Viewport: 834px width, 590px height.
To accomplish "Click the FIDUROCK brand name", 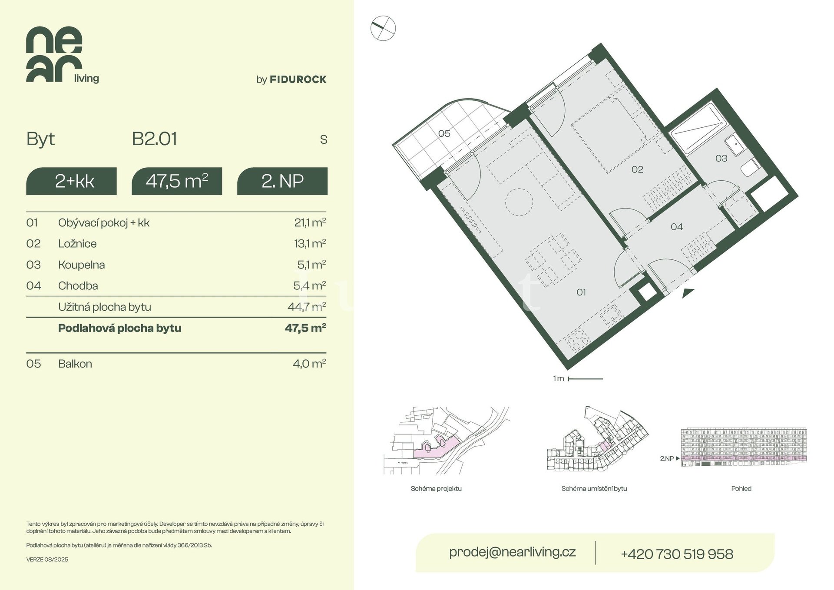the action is pos(298,80).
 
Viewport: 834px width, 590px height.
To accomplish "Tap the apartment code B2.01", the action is pos(155,139).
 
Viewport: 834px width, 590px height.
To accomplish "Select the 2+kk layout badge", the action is pos(71,181).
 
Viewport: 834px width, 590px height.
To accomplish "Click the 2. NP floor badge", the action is pos(282,181).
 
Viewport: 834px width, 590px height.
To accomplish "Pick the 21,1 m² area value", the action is pos(310,222).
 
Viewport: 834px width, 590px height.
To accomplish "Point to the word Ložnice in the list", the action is pos(77,244).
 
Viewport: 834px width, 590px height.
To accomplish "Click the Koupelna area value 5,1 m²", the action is pos(311,265).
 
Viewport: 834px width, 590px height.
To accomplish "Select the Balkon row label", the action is pos(75,364).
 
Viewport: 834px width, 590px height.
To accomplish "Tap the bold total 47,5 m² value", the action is pos(305,328).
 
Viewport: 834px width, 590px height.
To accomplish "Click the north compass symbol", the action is pos(383,29).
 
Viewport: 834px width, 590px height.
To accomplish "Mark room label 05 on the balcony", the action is pos(444,133).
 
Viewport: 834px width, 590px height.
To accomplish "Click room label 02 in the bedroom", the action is pos(637,169).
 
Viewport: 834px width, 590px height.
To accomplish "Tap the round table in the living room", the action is pos(519,202).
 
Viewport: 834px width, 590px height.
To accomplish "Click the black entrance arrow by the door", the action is pos(688,293).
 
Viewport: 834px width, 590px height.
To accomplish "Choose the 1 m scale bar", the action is pos(585,379).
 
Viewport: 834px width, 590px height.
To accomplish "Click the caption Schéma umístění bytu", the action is pos(594,489).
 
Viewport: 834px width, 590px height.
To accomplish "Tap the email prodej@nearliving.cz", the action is pos(513,552).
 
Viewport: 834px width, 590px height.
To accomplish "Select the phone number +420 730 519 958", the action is pos(677,554).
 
